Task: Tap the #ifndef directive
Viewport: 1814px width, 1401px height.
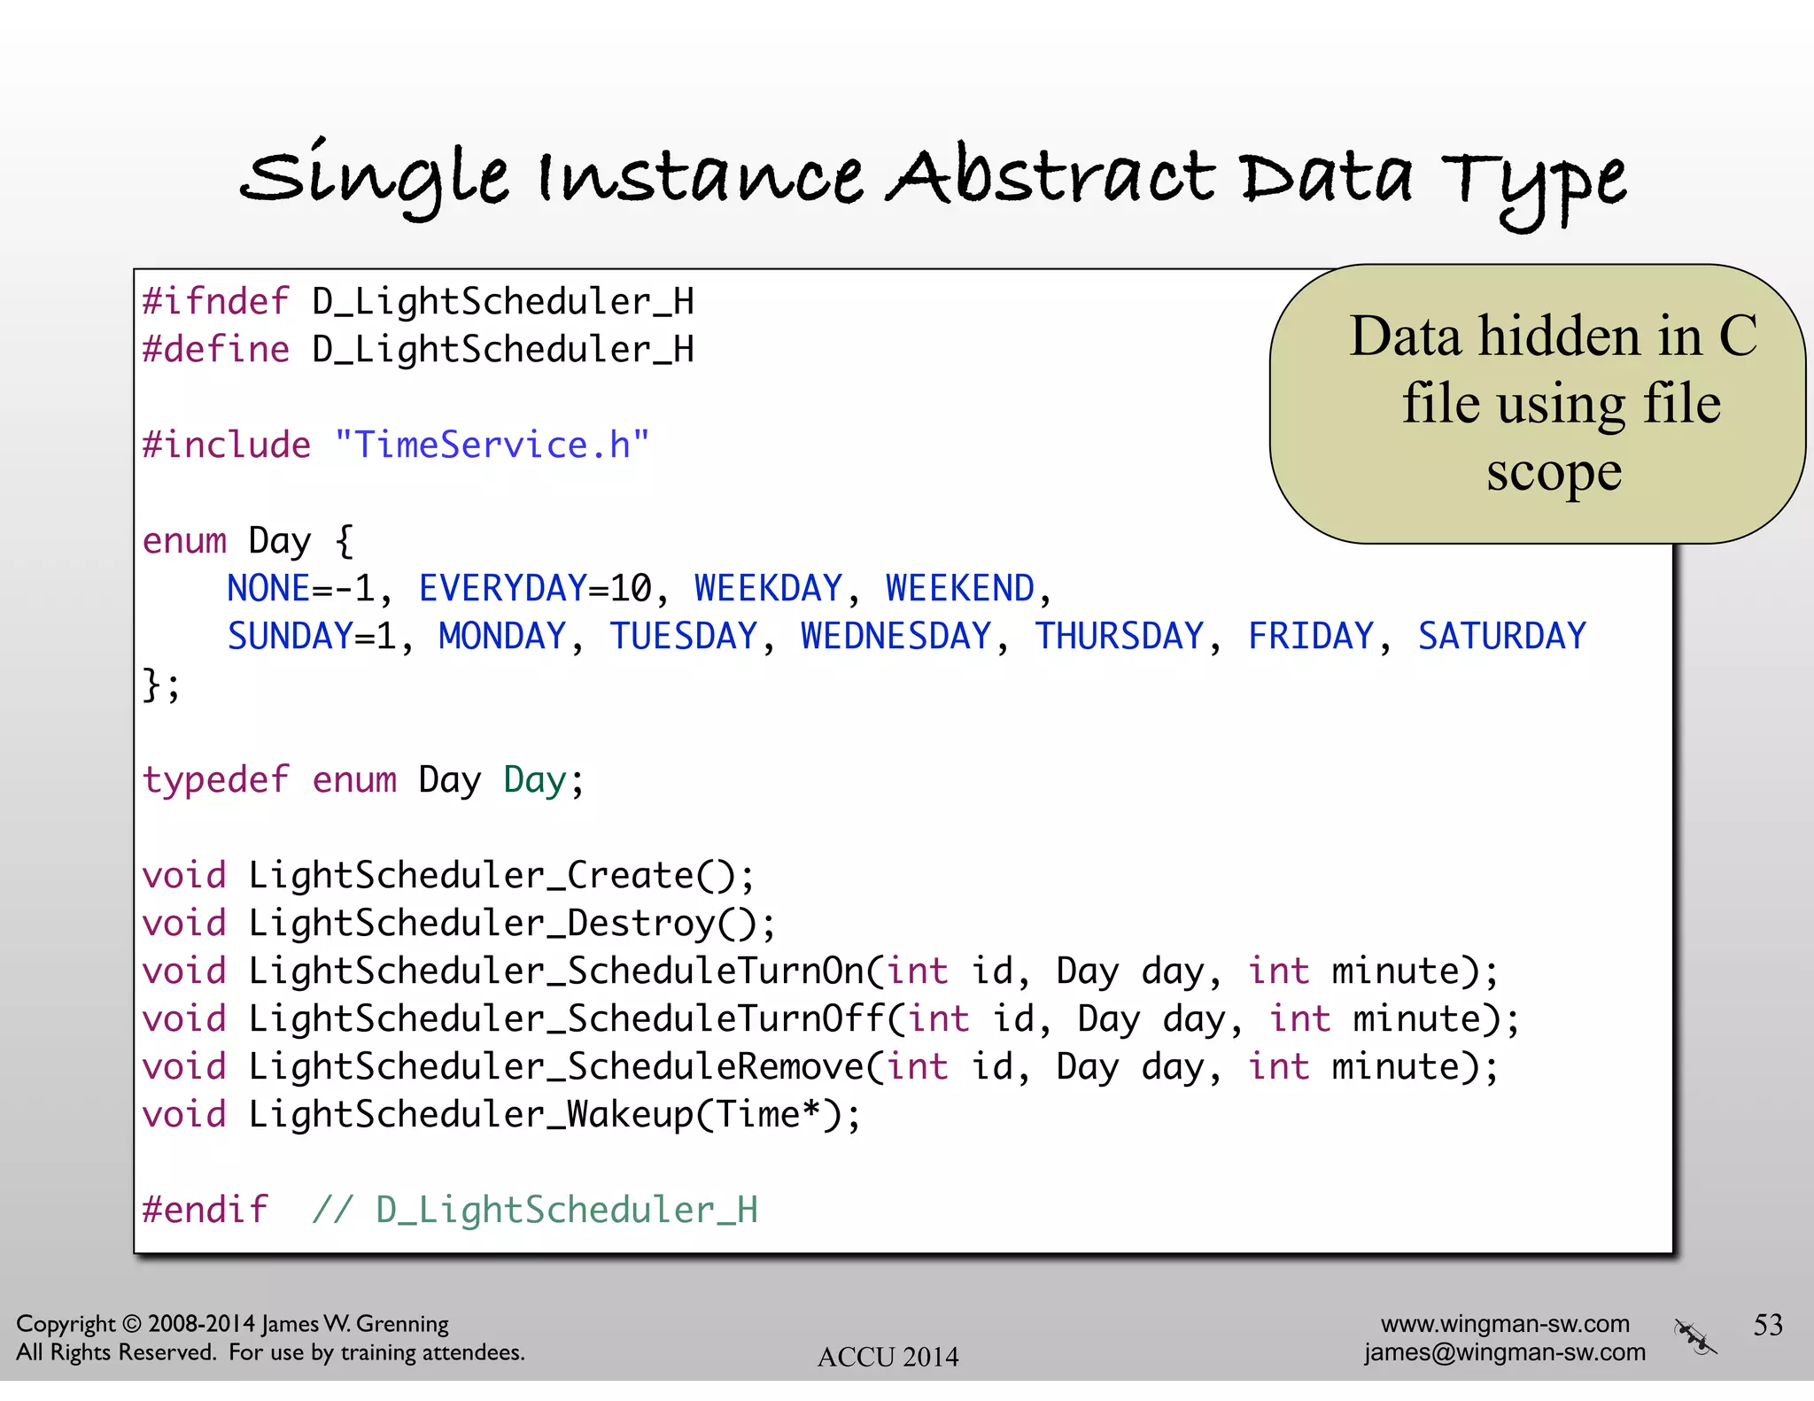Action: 215,302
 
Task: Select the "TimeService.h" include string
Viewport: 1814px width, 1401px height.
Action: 492,445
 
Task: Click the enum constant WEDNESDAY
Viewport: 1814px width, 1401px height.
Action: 895,636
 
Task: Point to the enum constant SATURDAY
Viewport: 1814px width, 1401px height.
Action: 1501,636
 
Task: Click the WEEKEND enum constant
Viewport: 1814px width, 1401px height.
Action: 959,588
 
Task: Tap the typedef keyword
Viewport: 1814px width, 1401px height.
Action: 215,780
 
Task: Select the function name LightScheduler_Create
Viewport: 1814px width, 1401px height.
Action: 470,876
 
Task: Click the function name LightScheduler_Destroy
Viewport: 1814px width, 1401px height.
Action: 481,924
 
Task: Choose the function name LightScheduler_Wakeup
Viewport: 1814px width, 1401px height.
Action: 470,1115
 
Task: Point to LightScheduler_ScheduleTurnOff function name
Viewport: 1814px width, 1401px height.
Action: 566,1019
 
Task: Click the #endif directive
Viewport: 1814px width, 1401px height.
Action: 205,1210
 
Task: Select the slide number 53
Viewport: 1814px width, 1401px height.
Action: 1768,1325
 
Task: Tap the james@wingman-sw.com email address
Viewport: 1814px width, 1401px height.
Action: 1504,1352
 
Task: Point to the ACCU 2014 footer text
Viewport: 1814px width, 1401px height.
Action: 888,1357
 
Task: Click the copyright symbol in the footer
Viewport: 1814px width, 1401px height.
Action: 131,1324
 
